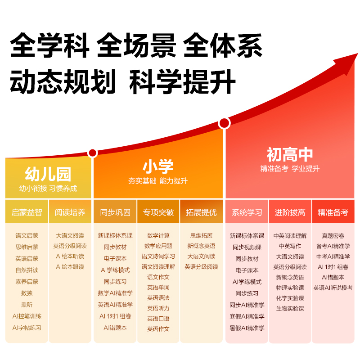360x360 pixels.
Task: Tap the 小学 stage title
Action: [158, 166]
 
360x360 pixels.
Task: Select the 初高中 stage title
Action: [290, 155]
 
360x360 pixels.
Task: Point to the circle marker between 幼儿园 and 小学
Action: [93, 153]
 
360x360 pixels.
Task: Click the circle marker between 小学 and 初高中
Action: [224, 123]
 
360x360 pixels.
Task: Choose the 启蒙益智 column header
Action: [27, 212]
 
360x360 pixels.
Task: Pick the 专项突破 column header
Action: [158, 212]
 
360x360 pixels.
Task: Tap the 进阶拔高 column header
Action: [290, 212]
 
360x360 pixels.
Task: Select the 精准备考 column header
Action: [333, 212]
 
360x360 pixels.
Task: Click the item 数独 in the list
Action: [27, 292]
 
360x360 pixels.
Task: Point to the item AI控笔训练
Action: [27, 316]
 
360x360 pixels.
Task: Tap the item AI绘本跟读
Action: [70, 266]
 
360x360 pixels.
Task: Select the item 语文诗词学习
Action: [158, 256]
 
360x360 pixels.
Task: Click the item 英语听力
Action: [158, 308]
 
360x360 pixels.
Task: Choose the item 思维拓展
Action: [201, 235]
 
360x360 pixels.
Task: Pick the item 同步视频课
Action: [247, 247]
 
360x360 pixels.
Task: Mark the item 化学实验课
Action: [290, 298]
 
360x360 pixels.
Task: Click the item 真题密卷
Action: [333, 235]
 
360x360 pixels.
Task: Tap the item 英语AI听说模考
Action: [333, 288]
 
